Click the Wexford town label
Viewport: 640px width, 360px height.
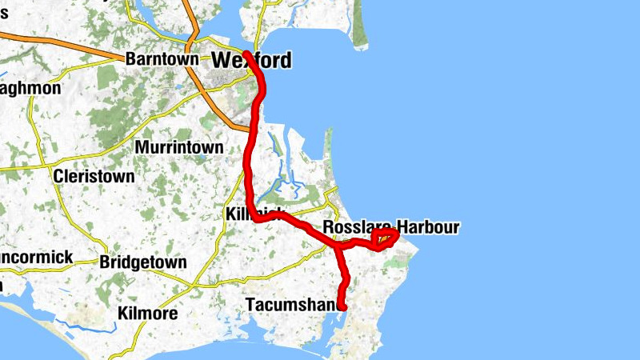(251, 60)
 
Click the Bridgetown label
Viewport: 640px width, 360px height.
(143, 262)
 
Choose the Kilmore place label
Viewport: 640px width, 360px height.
(147, 313)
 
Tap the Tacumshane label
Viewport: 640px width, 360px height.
(294, 305)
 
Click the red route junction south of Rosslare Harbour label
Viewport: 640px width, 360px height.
(337, 247)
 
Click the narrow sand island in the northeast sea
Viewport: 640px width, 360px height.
(357, 32)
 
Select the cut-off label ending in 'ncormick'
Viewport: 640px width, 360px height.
(37, 258)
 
